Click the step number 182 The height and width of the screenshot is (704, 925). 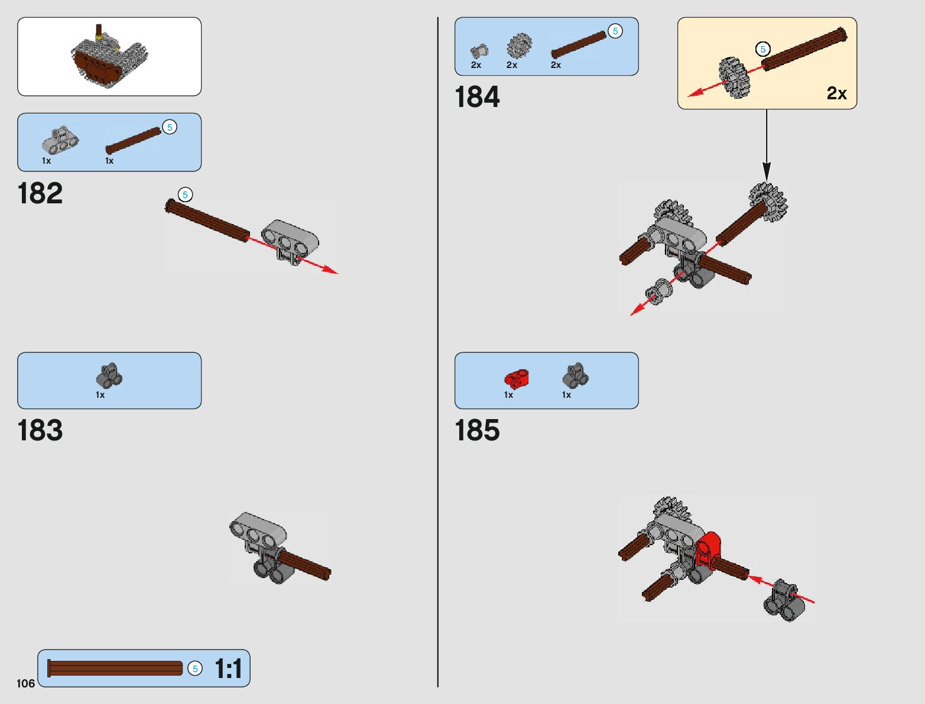pos(40,193)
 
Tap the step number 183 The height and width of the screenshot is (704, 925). pos(40,430)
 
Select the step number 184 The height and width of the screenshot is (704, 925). pos(477,97)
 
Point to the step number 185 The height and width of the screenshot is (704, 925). pos(477,430)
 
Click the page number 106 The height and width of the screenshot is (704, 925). pos(25,683)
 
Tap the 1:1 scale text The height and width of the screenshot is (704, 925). pos(228,669)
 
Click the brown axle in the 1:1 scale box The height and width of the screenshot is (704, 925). pos(115,669)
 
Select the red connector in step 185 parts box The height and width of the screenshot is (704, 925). pos(516,378)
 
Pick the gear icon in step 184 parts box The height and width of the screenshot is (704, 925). pos(519,46)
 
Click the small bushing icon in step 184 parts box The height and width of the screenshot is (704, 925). pos(479,51)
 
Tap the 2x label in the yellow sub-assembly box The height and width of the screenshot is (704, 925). pos(836,93)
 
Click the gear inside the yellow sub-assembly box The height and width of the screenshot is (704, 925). pos(734,77)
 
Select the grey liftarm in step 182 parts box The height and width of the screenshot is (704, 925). pos(59,141)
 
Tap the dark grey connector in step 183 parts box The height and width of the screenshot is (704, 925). pos(109,376)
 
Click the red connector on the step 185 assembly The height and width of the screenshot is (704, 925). pos(707,550)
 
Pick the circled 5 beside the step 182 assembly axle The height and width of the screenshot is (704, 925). pos(185,194)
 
